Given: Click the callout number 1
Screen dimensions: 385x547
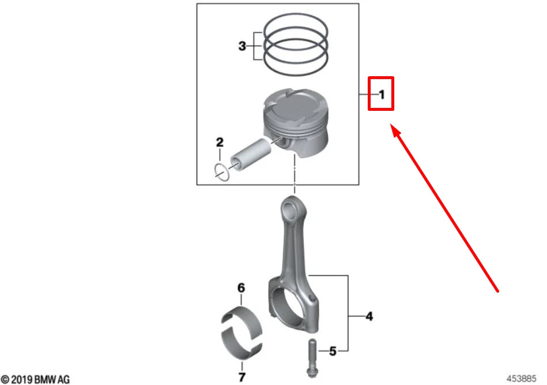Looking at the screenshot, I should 381,94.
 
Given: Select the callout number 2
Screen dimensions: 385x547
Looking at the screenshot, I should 219,141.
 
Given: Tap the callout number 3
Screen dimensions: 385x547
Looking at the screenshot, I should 242,46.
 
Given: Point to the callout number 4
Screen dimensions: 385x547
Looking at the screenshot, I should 369,316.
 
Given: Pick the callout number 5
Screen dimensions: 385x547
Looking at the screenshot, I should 332,350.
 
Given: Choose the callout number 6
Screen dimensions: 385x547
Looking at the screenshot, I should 242,287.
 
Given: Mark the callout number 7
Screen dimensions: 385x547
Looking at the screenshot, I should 242,378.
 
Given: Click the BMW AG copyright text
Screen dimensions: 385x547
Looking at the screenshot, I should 36,379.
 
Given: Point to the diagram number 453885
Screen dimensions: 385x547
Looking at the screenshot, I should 522,379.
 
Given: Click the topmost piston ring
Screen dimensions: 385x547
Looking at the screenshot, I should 296,28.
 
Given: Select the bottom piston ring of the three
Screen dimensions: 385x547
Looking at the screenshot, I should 296,63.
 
